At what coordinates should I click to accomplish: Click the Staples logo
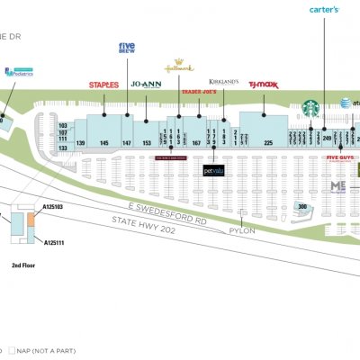(x=104, y=85)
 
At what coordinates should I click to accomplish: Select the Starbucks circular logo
(x=311, y=107)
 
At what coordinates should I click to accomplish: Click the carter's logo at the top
(x=324, y=10)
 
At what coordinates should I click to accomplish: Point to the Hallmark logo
(x=179, y=67)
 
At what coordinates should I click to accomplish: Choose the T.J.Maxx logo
(x=264, y=85)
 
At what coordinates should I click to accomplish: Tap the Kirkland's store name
(x=223, y=81)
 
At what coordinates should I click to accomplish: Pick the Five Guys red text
(x=340, y=157)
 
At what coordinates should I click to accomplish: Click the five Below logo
(x=127, y=49)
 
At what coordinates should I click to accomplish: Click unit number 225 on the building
(x=267, y=143)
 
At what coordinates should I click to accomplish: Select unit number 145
(x=104, y=143)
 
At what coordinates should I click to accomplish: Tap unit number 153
(x=147, y=143)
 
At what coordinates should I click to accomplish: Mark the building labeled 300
(x=303, y=207)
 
